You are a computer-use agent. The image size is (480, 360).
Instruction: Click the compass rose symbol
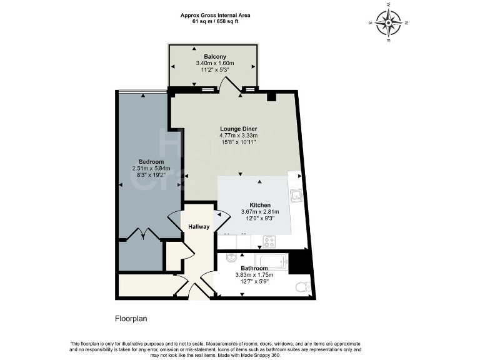pos(389,24)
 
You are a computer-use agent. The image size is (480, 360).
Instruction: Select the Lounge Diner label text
pos(238,129)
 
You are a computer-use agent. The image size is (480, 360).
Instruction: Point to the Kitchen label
pos(260,205)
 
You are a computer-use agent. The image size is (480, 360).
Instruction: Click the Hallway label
pos(199,226)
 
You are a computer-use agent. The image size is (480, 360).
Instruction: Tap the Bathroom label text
pos(254,268)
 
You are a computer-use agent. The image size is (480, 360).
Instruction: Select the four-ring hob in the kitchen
pos(270,241)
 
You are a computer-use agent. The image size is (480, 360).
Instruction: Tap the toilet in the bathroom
pos(302,287)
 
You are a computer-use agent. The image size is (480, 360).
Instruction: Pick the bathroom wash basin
pos(231,257)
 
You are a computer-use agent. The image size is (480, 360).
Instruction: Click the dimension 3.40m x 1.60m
pos(214,63)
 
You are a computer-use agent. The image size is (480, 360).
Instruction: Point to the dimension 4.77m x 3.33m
pos(238,136)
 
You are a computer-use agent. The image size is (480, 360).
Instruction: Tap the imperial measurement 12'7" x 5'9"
pos(254,281)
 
